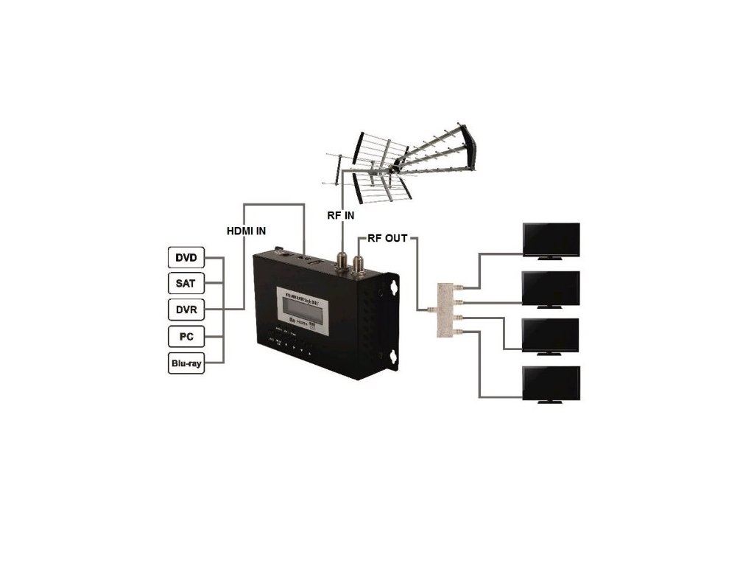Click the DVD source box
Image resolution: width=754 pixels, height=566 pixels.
coord(186,259)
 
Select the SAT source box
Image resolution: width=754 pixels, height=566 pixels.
coord(186,283)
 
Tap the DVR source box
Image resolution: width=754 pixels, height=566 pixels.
coord(186,309)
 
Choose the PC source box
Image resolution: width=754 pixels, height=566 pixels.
coord(186,337)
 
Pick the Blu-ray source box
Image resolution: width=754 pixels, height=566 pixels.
coord(186,363)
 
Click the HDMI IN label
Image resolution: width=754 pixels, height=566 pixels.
coord(245,231)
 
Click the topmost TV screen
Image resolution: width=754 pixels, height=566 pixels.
coord(550,240)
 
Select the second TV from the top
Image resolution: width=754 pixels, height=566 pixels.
coord(550,288)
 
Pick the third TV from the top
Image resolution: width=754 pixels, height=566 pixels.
coord(550,336)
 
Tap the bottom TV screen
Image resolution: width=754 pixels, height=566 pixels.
coord(550,383)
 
